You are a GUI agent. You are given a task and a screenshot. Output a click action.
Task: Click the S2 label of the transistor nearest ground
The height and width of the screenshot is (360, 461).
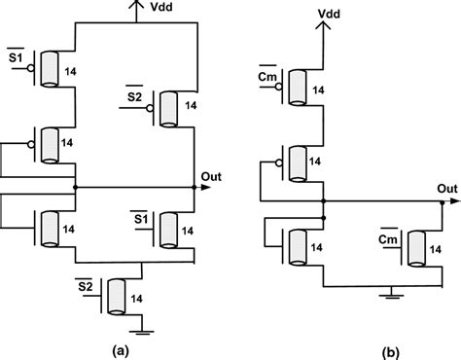click(86, 284)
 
